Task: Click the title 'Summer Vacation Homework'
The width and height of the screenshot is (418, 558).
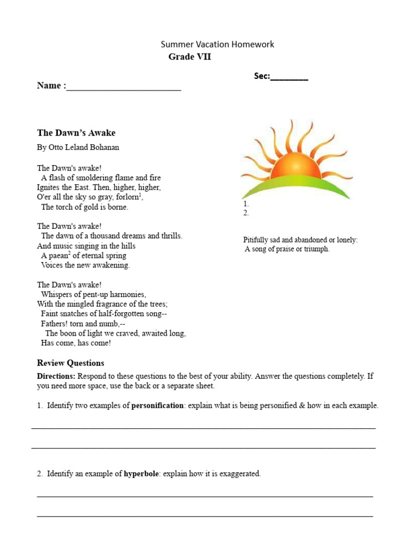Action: point(217,44)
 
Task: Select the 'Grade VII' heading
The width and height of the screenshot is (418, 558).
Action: point(189,57)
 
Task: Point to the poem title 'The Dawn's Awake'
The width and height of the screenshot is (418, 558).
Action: point(76,132)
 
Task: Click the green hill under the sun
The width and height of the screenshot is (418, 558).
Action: point(294,188)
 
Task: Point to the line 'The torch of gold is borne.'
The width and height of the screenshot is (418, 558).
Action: point(84,207)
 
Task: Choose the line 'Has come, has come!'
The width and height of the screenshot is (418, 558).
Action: point(76,343)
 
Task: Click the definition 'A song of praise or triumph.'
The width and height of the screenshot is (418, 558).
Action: point(287,249)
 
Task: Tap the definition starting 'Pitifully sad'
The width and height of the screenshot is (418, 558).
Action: point(300,240)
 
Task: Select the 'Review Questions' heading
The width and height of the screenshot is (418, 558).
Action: point(70,363)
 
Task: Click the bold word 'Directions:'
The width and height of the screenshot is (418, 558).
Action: point(57,376)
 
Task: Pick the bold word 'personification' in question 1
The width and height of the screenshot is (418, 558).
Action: point(157,405)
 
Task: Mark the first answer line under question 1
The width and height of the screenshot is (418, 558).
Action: point(204,427)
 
